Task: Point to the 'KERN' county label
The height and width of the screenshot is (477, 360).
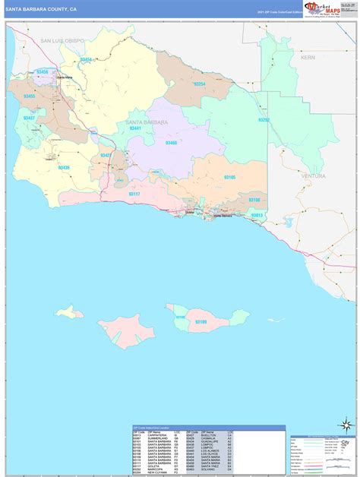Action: point(307,57)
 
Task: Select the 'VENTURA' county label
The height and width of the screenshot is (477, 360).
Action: point(313,175)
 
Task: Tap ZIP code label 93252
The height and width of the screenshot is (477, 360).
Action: point(264,120)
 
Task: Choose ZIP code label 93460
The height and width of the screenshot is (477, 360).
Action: point(171,142)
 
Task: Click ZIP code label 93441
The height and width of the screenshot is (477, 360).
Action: point(135,129)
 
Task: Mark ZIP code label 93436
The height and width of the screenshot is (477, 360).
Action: point(64,167)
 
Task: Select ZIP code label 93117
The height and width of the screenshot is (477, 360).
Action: point(134,194)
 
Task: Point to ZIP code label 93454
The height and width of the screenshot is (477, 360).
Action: point(86,59)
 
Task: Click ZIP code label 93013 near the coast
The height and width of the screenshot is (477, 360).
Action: point(257,215)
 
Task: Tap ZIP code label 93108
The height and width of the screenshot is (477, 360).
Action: point(254,200)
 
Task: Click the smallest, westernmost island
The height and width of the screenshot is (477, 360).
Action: point(69,311)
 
